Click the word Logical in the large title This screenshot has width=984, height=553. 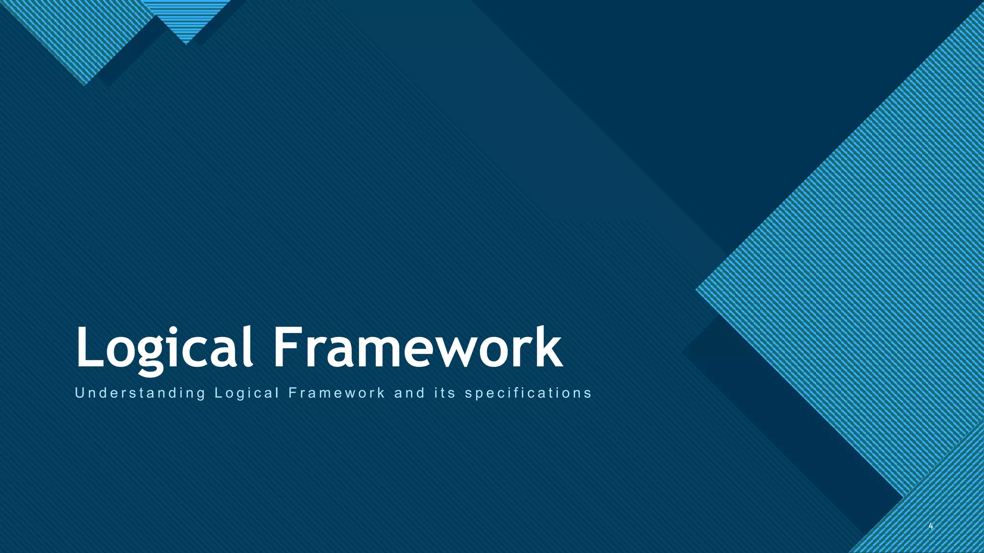pos(164,347)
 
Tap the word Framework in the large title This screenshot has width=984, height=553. pos(418,346)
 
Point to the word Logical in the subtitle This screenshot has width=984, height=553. pos(247,393)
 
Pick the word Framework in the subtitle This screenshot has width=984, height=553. pos(337,393)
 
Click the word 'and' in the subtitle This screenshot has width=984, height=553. pos(409,393)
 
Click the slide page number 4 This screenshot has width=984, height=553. pos(931,527)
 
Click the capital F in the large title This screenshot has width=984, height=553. pos(286,346)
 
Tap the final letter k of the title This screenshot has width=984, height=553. pos(548,346)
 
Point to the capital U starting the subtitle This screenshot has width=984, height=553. pos(80,393)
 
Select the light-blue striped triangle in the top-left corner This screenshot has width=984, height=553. pos(77,34)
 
